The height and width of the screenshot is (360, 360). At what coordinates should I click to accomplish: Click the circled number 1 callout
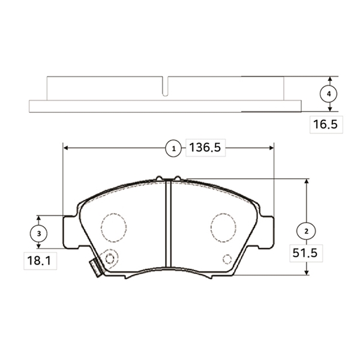click(173, 148)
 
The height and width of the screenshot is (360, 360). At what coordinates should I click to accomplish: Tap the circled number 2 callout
click(306, 231)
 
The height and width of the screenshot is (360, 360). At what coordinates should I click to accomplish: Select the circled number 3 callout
click(38, 233)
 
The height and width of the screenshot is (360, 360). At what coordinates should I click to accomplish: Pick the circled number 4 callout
click(329, 94)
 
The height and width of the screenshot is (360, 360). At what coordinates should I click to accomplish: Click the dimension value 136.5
click(205, 148)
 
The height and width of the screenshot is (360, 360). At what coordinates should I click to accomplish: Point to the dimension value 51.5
click(305, 253)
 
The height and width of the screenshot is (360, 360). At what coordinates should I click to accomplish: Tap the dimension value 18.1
click(39, 261)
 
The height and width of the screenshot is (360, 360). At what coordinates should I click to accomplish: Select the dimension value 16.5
click(326, 124)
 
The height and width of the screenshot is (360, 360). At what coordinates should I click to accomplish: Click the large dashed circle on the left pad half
click(113, 227)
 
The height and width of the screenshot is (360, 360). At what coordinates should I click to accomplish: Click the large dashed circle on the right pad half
click(223, 227)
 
